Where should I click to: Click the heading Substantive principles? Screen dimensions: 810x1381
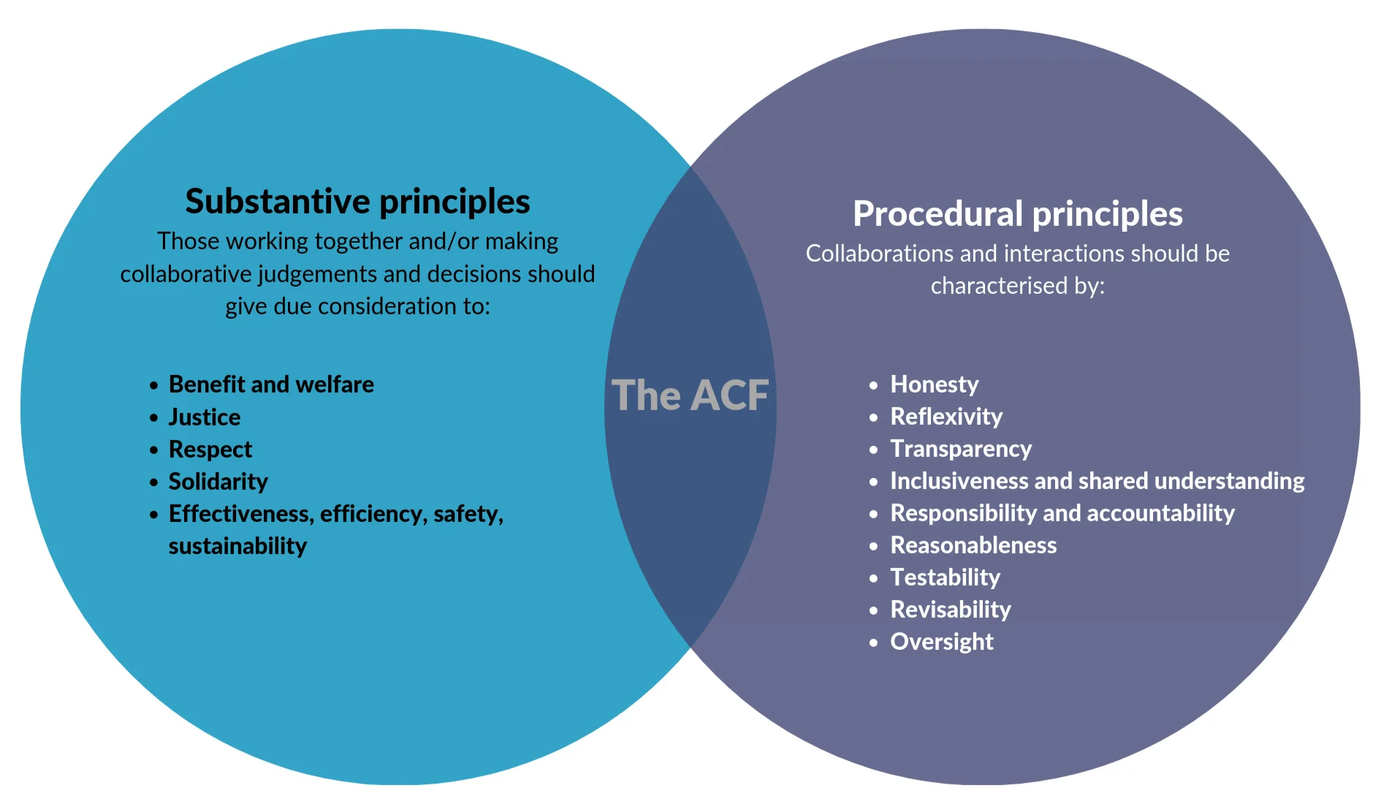coord(357,202)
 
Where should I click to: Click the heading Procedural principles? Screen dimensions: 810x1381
coord(1017,214)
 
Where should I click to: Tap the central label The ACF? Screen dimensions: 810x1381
coord(690,395)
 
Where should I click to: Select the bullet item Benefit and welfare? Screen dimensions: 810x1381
coord(271,385)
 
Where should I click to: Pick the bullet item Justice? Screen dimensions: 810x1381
coord(205,417)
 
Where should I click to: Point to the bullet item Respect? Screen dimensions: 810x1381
coord(210,449)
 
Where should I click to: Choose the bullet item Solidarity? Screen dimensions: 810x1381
coord(218,481)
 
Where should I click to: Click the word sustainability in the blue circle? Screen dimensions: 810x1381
coord(237,546)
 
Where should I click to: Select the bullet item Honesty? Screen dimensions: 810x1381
coord(934,385)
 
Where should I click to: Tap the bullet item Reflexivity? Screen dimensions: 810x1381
coord(946,417)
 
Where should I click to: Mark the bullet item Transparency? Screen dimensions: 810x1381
coord(961,449)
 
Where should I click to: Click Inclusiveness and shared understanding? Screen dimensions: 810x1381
coord(1097,481)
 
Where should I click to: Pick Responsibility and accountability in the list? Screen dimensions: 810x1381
coord(1062,513)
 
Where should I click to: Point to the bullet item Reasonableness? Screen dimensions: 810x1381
coord(973,545)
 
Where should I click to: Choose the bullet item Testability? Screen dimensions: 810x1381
coord(945,578)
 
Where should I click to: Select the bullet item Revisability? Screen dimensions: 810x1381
coord(951,610)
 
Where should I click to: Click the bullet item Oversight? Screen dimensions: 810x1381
coord(941,642)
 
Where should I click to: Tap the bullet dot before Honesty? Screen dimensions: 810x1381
coord(873,385)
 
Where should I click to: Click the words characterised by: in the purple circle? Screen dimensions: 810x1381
coord(1017,286)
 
